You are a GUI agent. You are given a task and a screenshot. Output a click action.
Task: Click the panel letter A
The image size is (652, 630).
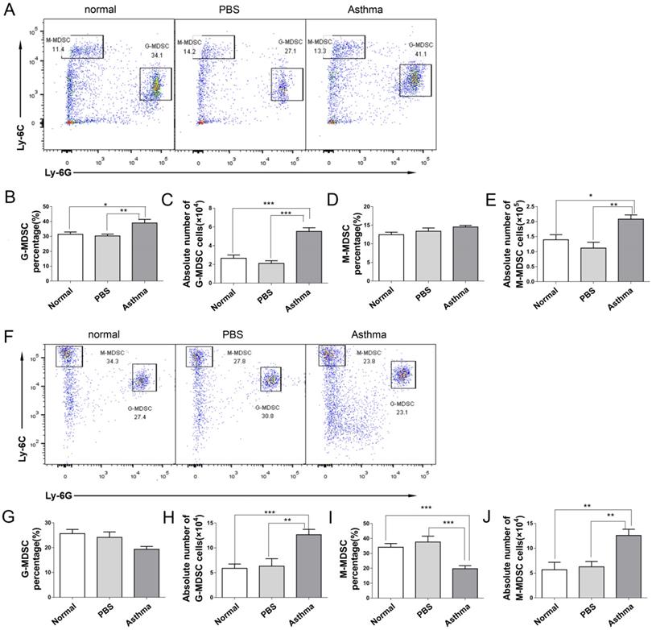pyautogui.click(x=9, y=10)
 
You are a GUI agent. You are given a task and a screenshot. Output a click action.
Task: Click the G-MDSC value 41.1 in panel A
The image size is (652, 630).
pyautogui.click(x=416, y=56)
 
